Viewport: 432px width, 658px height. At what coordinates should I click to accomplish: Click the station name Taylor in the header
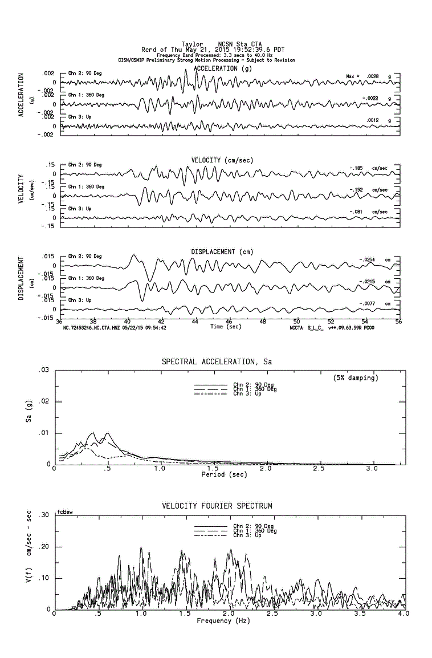point(191,44)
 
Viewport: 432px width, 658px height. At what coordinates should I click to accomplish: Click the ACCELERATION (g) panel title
point(222,68)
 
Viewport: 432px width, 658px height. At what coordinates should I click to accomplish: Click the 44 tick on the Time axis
point(195,322)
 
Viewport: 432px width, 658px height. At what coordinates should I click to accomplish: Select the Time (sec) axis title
point(225,327)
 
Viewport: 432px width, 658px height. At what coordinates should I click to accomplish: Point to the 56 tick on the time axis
point(398,322)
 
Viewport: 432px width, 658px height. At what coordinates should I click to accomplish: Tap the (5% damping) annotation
point(356,377)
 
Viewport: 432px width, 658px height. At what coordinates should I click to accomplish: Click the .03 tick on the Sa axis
point(44,371)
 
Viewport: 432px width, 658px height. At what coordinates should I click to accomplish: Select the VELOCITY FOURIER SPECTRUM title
point(217,506)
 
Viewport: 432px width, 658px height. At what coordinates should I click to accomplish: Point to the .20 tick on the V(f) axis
point(44,547)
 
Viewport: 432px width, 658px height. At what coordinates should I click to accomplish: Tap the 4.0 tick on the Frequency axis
point(403,614)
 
